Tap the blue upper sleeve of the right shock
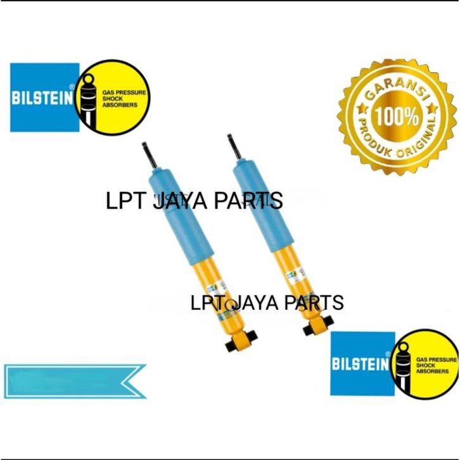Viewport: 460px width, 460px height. (x=260, y=203)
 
